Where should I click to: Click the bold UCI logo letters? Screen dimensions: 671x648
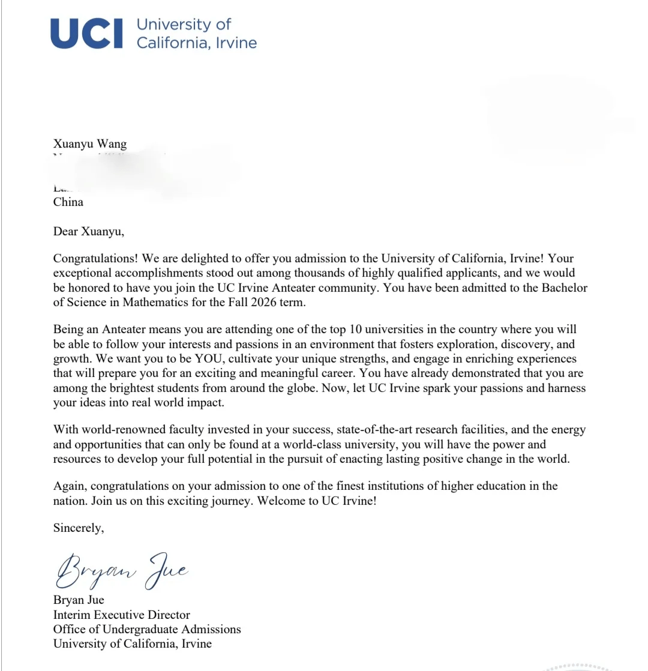(x=86, y=34)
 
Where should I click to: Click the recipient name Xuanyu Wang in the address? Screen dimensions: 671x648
(x=90, y=144)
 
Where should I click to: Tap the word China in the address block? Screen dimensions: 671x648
(x=68, y=202)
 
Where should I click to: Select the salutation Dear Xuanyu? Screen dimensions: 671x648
(x=88, y=231)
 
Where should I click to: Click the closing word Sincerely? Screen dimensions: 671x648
(x=79, y=528)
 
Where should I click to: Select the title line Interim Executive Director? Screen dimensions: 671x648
(x=122, y=615)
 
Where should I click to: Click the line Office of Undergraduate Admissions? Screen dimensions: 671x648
(x=147, y=630)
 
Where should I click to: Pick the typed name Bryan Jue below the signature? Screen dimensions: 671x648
(x=79, y=600)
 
